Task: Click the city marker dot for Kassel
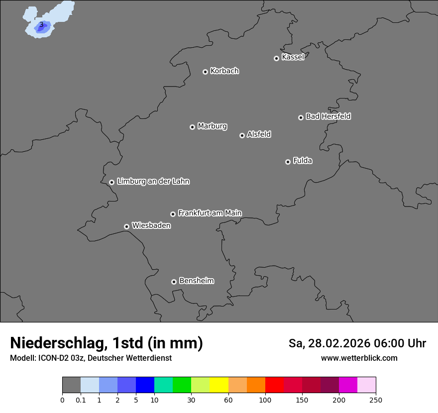click(276, 58)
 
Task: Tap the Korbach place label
click(224, 71)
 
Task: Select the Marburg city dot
click(192, 127)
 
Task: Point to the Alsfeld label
click(259, 134)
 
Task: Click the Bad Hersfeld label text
click(328, 116)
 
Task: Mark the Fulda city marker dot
click(288, 162)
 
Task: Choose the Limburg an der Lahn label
click(153, 182)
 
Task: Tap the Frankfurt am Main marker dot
click(173, 214)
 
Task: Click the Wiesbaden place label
click(151, 226)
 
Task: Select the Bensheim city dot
click(174, 282)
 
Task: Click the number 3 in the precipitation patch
click(41, 24)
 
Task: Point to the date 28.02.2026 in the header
click(338, 343)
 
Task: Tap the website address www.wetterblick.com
click(359, 358)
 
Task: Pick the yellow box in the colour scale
click(219, 385)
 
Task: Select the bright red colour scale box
click(274, 385)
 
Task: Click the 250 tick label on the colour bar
click(376, 400)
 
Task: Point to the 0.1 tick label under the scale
click(81, 400)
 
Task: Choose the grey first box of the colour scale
click(71, 385)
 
